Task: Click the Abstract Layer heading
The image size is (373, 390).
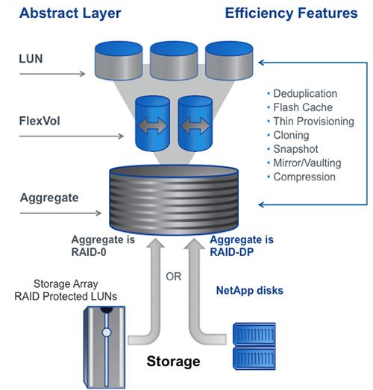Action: pyautogui.click(x=70, y=13)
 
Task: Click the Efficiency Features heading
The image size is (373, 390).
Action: pyautogui.click(x=292, y=13)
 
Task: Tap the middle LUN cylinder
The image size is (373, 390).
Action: pyautogui.click(x=174, y=60)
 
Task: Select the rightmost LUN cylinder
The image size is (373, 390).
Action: pyautogui.click(x=229, y=60)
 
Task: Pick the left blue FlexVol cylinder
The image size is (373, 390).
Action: pyautogui.click(x=152, y=124)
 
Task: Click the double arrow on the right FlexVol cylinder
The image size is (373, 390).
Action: pyautogui.click(x=195, y=125)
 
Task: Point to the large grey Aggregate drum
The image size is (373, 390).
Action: pyautogui.click(x=174, y=200)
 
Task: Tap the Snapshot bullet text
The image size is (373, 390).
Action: pyautogui.click(x=295, y=149)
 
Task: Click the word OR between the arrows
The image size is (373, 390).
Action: pyautogui.click(x=173, y=277)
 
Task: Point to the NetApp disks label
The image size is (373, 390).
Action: pyautogui.click(x=250, y=291)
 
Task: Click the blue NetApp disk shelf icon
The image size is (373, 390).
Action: pyautogui.click(x=254, y=346)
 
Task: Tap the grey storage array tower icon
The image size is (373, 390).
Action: pyautogui.click(x=104, y=347)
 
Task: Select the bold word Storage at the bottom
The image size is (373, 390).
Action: pyautogui.click(x=173, y=361)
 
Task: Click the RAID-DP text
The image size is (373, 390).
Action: pyautogui.click(x=232, y=252)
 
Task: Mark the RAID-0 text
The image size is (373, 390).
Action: pyautogui.click(x=89, y=252)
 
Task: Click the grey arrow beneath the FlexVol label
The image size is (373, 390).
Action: pyautogui.click(x=72, y=136)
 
